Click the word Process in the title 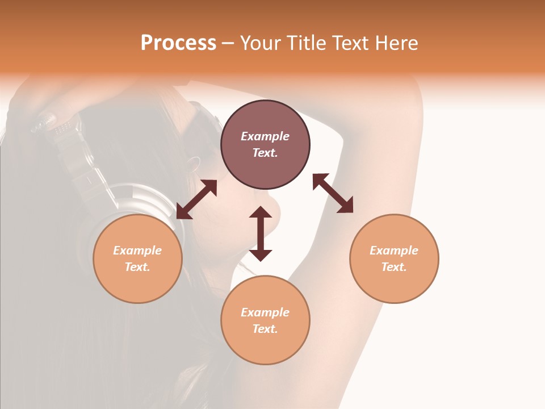click(178, 43)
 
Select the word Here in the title click(396, 43)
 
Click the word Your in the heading click(261, 43)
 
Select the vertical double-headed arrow click(261, 233)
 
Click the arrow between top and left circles click(196, 199)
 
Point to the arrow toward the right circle click(333, 193)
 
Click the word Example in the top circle click(265, 136)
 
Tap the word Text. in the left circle click(137, 267)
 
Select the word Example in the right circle click(394, 251)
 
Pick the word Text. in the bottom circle click(265, 329)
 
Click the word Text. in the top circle click(265, 153)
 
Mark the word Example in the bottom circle click(265, 312)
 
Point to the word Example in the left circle click(137, 251)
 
